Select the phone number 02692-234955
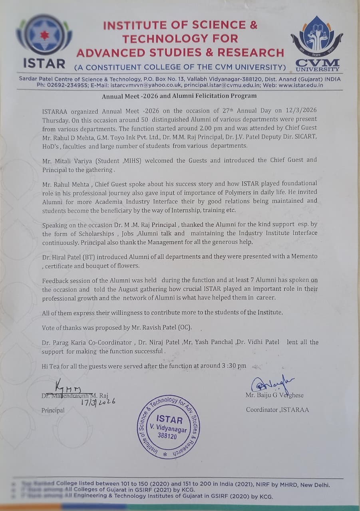(x=68, y=85)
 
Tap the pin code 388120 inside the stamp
(x=168, y=436)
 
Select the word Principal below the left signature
(x=53, y=410)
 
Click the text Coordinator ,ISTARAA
(x=277, y=410)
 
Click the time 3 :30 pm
(x=232, y=366)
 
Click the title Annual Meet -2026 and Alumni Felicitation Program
(x=179, y=96)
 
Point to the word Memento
(x=303, y=256)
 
